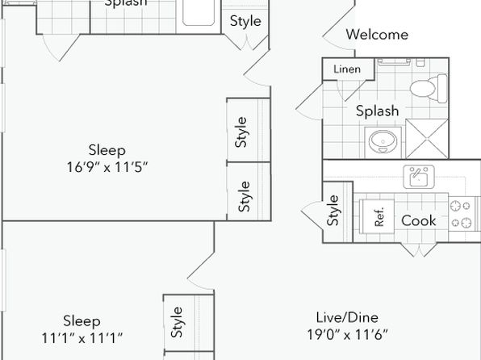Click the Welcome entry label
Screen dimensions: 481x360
click(377, 34)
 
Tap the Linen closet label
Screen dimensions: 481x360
click(347, 69)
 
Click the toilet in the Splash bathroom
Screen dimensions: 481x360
click(429, 88)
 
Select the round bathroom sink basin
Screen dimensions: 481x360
click(383, 142)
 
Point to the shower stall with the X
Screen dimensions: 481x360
click(427, 139)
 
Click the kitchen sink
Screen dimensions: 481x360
click(419, 177)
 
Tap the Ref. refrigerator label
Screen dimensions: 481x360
click(379, 217)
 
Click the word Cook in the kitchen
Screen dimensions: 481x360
click(418, 220)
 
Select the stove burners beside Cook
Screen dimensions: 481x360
click(461, 214)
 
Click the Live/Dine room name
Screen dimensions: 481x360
click(347, 317)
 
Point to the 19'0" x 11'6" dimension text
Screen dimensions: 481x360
click(347, 334)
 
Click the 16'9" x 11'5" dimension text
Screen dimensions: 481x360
click(107, 167)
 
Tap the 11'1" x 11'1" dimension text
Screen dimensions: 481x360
click(82, 338)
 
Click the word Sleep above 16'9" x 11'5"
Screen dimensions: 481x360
click(107, 150)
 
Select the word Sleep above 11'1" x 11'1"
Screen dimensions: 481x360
click(82, 321)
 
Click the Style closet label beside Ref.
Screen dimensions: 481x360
click(333, 210)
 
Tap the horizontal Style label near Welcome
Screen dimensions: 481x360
click(245, 21)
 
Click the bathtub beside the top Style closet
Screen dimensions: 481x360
click(199, 11)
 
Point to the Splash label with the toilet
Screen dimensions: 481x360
click(378, 111)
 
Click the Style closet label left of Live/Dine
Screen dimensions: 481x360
click(177, 322)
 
